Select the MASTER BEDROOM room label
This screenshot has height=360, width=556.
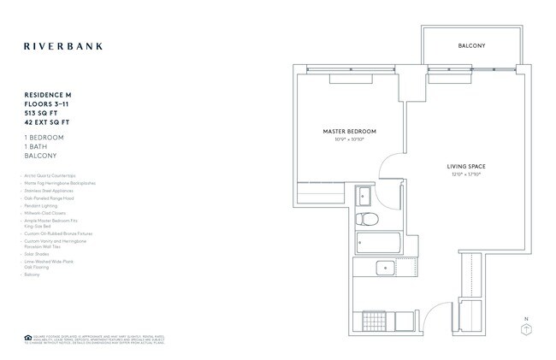point(349,131)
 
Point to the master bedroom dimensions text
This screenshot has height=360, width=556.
point(349,139)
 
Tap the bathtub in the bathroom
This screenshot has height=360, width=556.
point(376,243)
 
